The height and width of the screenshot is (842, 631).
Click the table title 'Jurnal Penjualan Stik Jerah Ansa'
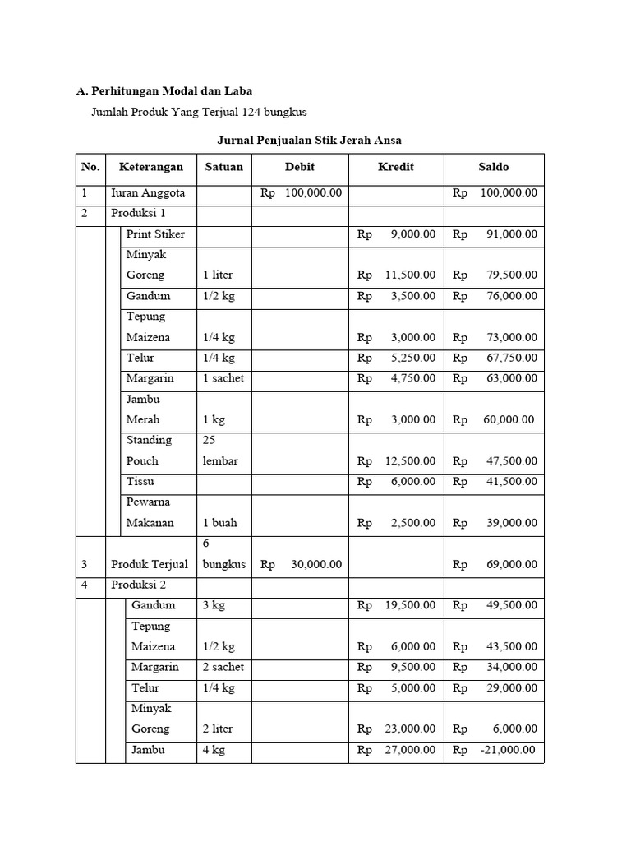click(309, 140)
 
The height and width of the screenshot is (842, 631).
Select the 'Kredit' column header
click(396, 167)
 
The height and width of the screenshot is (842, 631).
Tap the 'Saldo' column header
click(494, 167)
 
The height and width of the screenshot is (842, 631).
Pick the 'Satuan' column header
click(224, 167)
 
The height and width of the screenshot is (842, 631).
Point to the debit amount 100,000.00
click(313, 193)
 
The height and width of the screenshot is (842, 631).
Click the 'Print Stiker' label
click(155, 234)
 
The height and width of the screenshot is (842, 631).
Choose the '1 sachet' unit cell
click(223, 378)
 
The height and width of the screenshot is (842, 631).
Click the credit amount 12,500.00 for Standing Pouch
click(410, 461)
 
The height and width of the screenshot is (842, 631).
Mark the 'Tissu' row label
click(140, 481)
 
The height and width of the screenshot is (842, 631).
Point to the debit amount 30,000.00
click(316, 565)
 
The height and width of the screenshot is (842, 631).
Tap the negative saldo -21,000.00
click(506, 750)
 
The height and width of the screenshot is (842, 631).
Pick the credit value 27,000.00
click(410, 750)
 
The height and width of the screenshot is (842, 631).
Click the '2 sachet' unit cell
click(223, 667)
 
